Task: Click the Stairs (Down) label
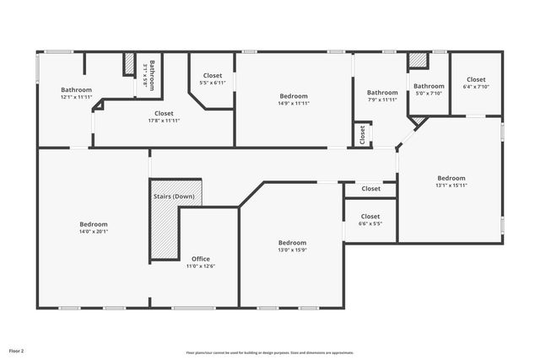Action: click(174, 196)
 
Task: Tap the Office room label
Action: click(201, 259)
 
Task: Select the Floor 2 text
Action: click(17, 350)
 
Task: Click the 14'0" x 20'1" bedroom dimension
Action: click(94, 232)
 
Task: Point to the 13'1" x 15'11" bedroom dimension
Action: click(451, 185)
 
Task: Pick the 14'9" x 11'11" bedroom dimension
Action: click(294, 104)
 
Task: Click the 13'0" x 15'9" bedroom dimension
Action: click(292, 250)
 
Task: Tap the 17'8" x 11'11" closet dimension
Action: click(164, 121)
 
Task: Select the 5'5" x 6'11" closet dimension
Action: click(213, 83)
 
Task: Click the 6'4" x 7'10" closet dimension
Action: click(476, 87)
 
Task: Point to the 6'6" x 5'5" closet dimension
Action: click(371, 223)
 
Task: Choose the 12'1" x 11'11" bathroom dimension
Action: click(76, 97)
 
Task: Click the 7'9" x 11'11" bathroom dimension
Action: click(382, 99)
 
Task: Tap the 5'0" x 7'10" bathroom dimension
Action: click(429, 93)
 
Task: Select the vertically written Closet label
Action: click(363, 134)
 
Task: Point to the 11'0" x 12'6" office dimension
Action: click(201, 266)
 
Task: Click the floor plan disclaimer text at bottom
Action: click(270, 352)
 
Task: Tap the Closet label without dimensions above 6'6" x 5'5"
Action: click(371, 189)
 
